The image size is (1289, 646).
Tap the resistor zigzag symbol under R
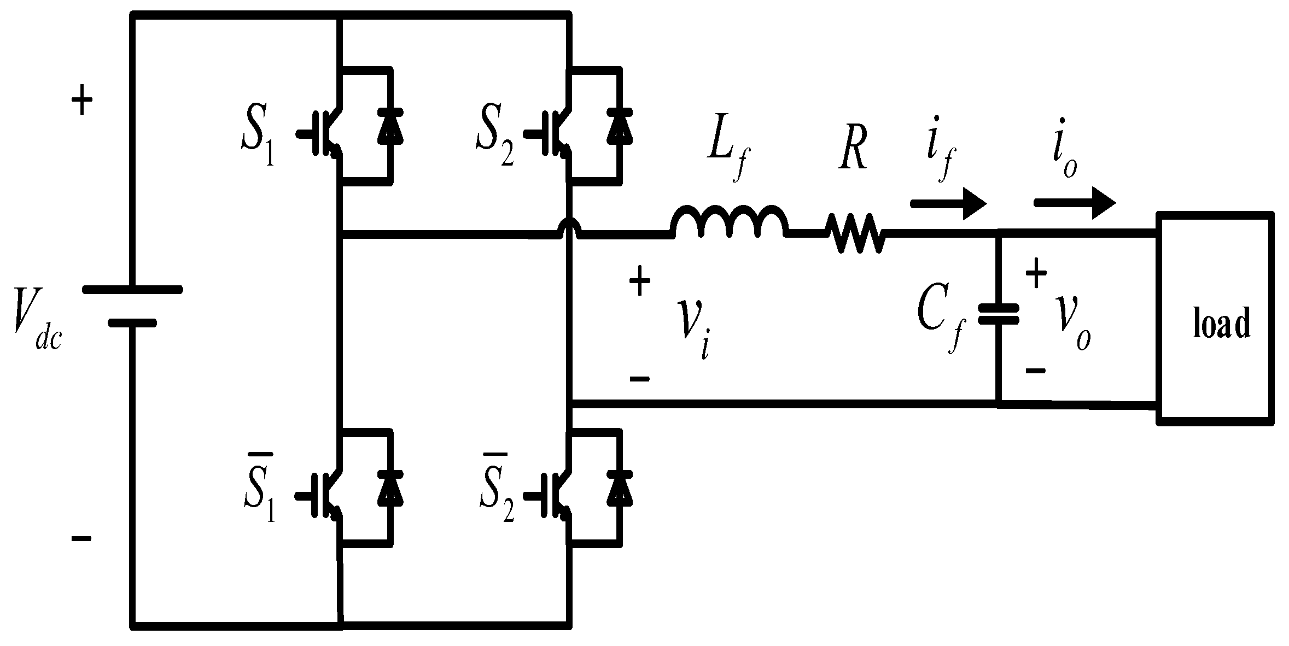pos(855,233)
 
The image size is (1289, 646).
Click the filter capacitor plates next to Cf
pos(998,314)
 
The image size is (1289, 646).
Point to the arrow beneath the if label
pos(948,203)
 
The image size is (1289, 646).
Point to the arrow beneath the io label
pos(1074,203)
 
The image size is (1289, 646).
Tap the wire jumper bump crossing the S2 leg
pos(570,228)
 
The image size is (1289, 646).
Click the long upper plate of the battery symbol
pos(132,290)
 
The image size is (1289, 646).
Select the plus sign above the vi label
pos(639,284)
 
